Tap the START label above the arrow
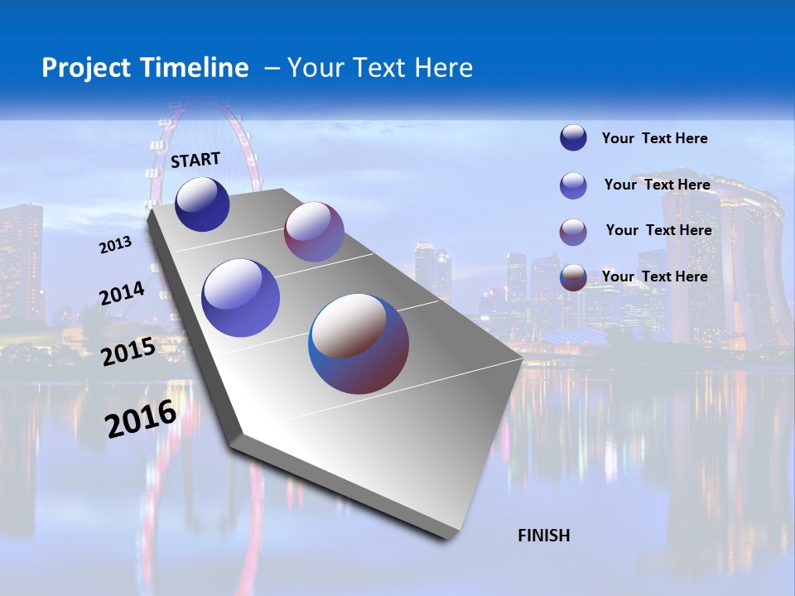195,160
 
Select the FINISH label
544,536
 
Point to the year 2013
116,245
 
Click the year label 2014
123,294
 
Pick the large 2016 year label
141,418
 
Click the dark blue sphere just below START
202,204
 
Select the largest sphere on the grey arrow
359,343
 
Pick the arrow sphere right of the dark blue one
314,232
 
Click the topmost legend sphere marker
573,138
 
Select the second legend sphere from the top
573,185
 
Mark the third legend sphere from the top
573,232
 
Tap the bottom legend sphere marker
573,277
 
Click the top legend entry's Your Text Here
655,139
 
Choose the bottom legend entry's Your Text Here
655,276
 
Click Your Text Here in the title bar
380,68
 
